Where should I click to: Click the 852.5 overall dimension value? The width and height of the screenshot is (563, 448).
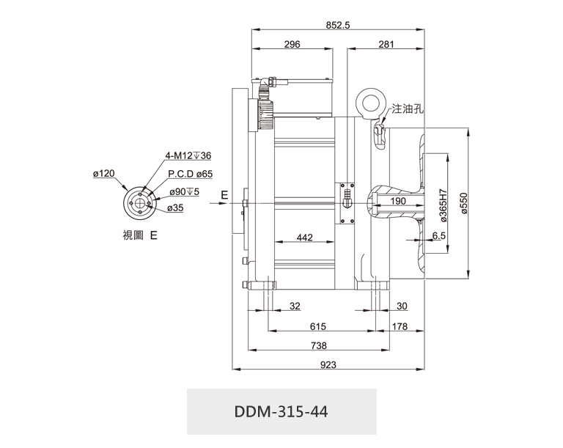(337, 25)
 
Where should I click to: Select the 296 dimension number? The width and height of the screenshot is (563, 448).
(292, 44)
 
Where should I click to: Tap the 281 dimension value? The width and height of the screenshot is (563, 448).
(386, 44)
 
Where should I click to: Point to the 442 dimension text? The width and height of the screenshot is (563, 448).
(304, 238)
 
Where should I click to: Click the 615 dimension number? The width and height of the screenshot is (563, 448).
(317, 326)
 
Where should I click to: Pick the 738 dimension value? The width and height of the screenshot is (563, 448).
(318, 345)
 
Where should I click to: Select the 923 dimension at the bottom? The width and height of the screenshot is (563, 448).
(328, 365)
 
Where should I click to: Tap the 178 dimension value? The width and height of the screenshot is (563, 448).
(400, 326)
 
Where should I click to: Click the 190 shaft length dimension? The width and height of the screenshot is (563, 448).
(398, 201)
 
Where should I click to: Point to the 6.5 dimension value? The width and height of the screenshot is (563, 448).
(438, 235)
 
